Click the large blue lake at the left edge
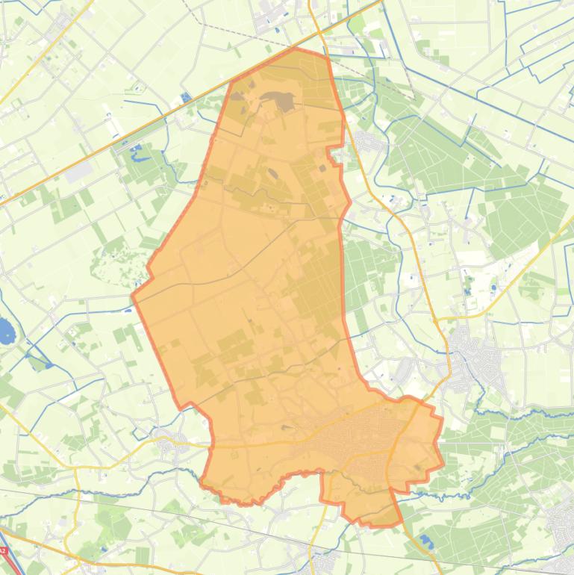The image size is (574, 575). click(7, 329)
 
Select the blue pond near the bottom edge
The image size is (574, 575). click(426, 539)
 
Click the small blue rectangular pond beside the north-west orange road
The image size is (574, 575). click(185, 99)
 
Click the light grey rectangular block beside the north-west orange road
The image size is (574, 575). click(78, 172)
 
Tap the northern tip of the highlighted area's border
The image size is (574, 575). click(297, 49)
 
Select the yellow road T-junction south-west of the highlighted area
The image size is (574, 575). click(76, 470)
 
